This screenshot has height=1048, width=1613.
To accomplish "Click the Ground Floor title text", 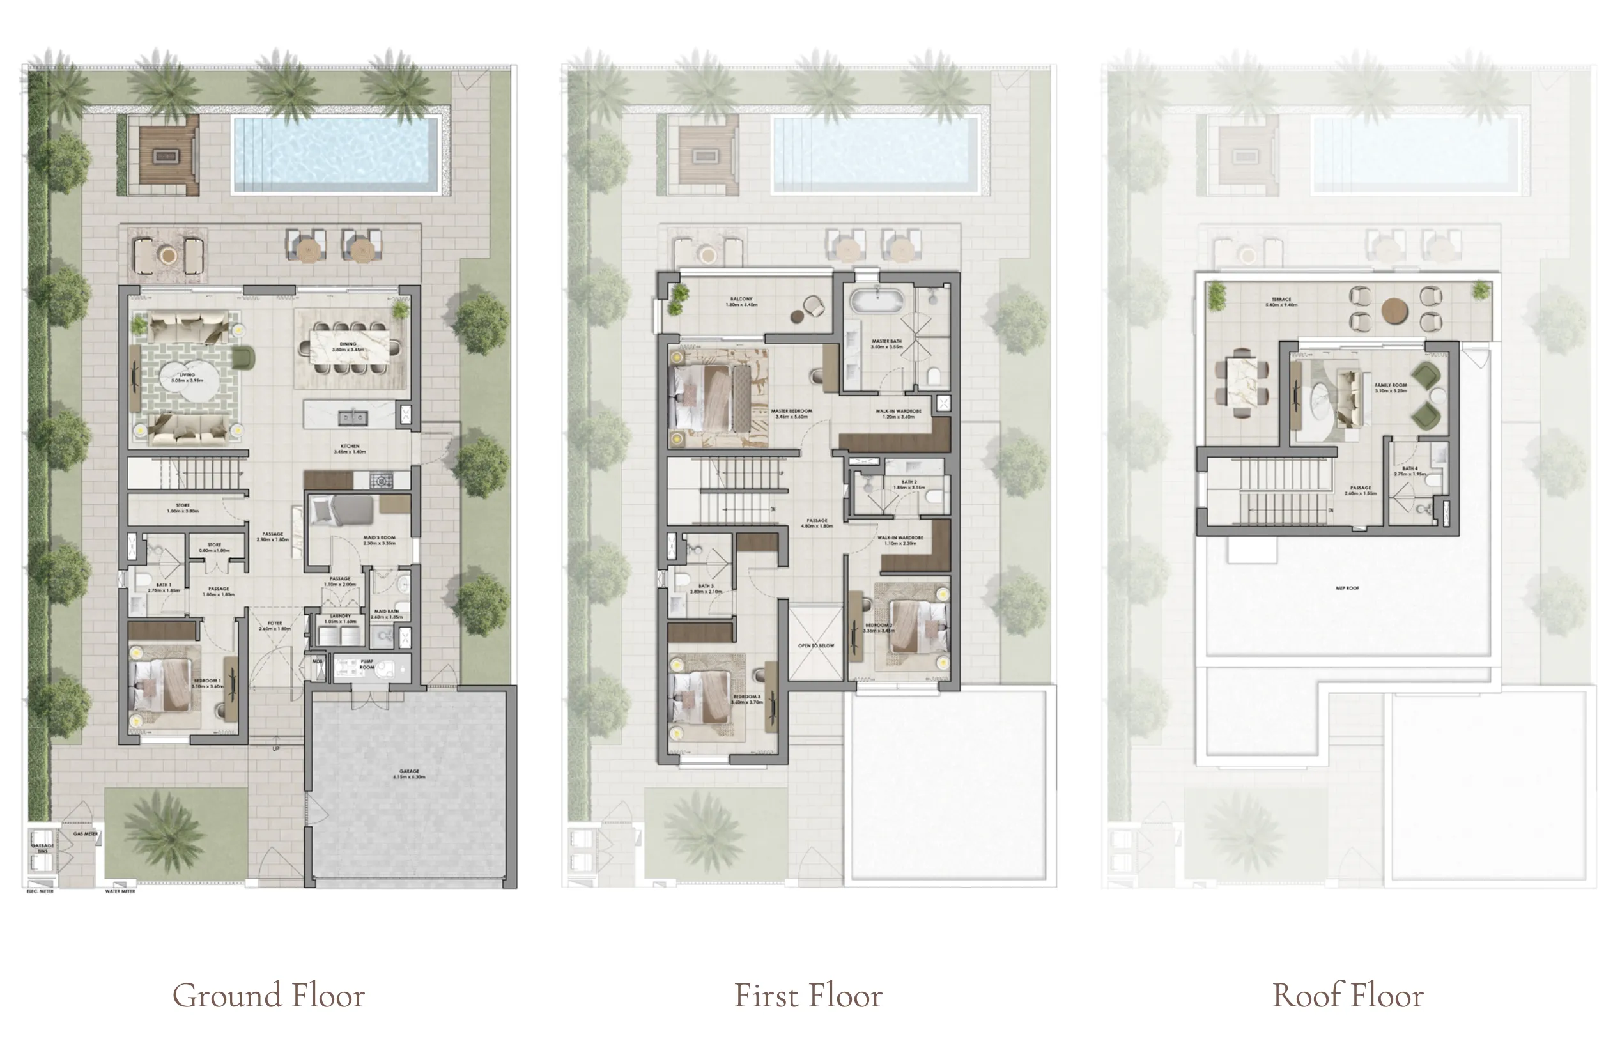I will (268, 995).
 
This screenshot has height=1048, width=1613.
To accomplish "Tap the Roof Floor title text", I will (1347, 995).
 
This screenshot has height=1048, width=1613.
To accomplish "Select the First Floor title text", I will (808, 995).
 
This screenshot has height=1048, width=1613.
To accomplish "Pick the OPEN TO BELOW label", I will (816, 645).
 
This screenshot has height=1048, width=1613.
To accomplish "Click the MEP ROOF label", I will (1347, 588).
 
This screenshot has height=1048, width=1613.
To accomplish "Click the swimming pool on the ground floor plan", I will (336, 155).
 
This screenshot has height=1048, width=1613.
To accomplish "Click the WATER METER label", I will (120, 891).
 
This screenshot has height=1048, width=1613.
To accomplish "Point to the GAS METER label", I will (86, 834).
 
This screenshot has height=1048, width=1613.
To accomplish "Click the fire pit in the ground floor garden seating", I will (165, 156).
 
